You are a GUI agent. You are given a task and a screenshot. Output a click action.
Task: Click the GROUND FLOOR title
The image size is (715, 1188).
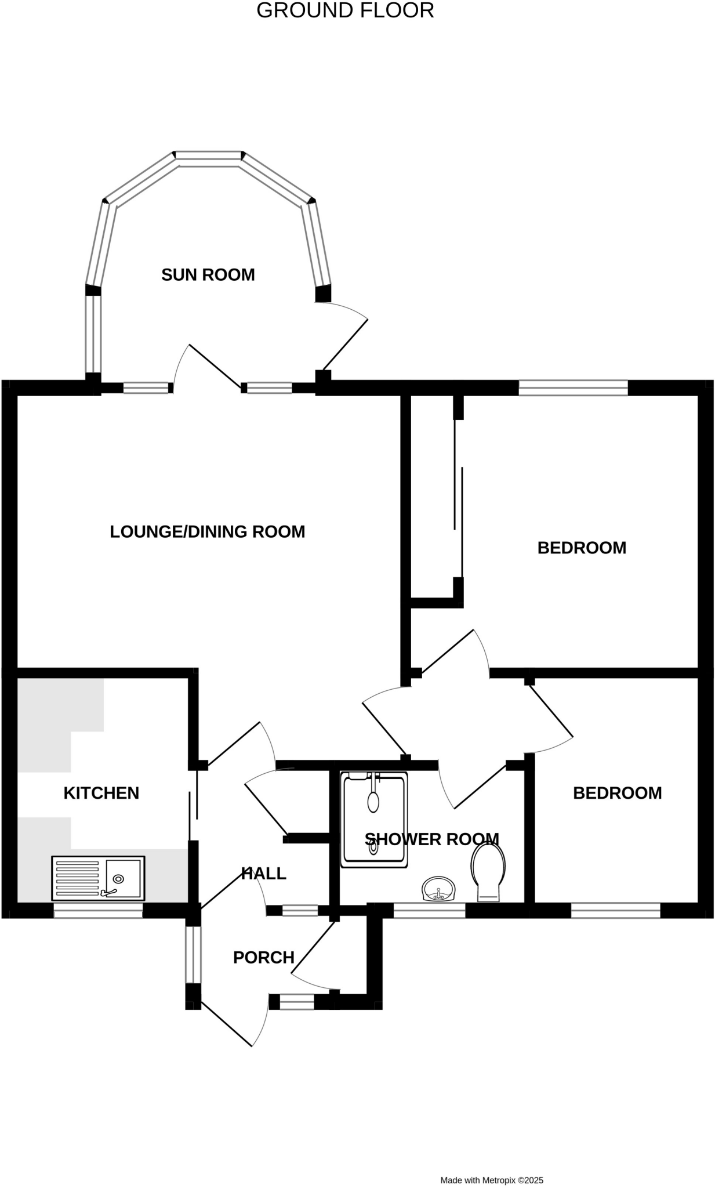pos(345,10)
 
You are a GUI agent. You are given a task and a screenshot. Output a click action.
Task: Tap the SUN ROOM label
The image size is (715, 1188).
pos(208,274)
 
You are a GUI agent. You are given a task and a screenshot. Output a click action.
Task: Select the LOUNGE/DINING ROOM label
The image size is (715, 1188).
pos(208,531)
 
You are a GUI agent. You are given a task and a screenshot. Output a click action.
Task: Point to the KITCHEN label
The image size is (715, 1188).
pos(101,793)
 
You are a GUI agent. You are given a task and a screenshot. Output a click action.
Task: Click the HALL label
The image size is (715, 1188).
pos(264,874)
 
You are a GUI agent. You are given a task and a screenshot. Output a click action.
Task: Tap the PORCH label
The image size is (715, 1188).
pos(264,958)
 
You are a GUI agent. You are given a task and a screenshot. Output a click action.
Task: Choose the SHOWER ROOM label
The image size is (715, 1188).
pos(432,839)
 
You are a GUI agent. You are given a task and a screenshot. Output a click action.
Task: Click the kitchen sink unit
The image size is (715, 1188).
pos(98,878)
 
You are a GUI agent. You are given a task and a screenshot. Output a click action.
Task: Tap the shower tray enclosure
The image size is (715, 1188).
pos(374,819)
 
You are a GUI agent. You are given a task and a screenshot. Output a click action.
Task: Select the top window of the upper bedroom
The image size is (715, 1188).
pos(573,387)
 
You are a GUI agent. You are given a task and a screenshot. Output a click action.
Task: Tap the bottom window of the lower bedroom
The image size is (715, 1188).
pos(616,911)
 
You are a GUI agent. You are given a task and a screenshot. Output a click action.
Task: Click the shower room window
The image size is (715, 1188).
pos(430,911)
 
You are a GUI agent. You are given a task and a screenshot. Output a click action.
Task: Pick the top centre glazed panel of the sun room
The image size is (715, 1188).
pos(208,155)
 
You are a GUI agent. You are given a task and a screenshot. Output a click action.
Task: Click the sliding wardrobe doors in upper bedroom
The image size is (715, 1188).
pos(458,499)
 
